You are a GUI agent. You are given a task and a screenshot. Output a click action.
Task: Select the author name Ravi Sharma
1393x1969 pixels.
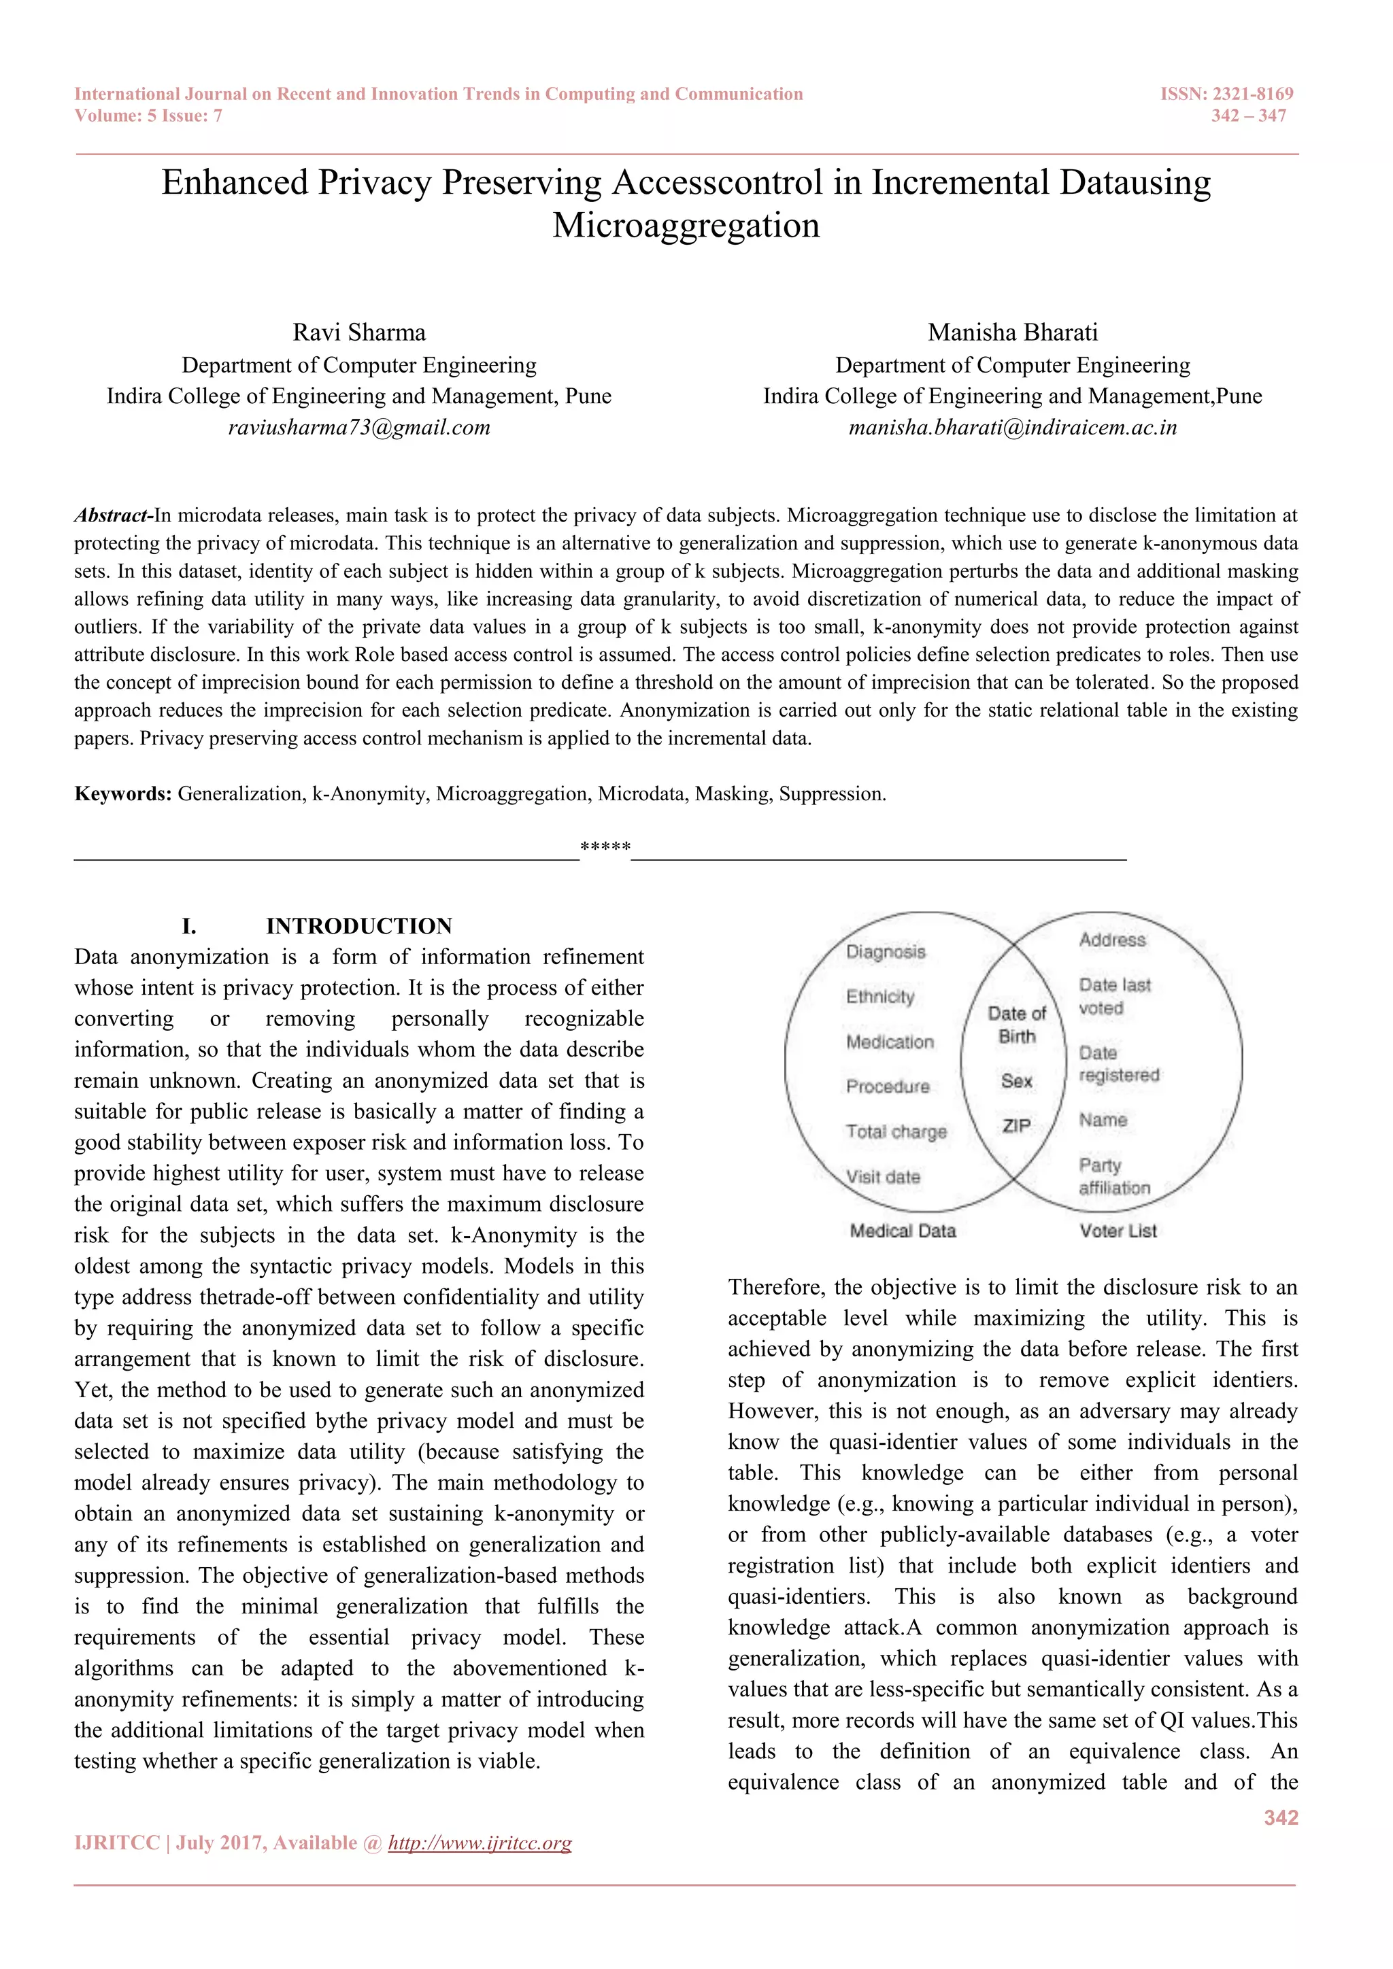[x=358, y=332]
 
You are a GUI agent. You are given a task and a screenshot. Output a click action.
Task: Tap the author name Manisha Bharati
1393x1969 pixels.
[x=1012, y=332]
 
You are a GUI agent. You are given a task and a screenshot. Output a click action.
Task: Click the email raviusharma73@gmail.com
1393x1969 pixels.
[x=358, y=427]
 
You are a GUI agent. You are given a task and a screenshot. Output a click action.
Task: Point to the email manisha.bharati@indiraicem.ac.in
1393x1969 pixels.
[x=1012, y=427]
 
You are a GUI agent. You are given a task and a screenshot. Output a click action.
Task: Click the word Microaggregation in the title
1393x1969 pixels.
[x=686, y=226]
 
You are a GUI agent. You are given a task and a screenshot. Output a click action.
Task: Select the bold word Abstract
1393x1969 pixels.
[x=112, y=515]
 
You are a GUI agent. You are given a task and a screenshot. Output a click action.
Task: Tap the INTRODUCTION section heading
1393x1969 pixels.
[x=358, y=926]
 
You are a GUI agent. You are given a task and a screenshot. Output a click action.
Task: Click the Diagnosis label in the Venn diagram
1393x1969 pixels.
[x=885, y=952]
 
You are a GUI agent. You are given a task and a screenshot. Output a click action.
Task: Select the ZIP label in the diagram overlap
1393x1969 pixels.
[x=1016, y=1126]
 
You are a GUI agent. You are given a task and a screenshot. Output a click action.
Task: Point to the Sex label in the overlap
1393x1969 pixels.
[x=1016, y=1082]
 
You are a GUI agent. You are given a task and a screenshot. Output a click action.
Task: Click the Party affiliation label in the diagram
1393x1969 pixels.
[x=1113, y=1177]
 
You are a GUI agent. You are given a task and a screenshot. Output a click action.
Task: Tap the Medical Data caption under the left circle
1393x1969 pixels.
[x=903, y=1231]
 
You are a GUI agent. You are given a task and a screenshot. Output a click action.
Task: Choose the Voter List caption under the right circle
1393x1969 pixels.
[x=1118, y=1231]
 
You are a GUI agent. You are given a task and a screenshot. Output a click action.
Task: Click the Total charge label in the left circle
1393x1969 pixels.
[x=896, y=1132]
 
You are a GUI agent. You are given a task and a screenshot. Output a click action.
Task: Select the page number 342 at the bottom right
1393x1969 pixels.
[x=1281, y=1818]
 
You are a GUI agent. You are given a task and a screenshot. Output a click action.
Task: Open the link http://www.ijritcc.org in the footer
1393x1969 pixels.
[x=480, y=1843]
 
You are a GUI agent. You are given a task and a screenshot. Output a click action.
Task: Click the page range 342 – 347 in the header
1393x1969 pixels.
[x=1248, y=116]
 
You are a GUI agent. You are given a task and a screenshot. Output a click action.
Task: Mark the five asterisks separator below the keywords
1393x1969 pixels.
[x=605, y=848]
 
